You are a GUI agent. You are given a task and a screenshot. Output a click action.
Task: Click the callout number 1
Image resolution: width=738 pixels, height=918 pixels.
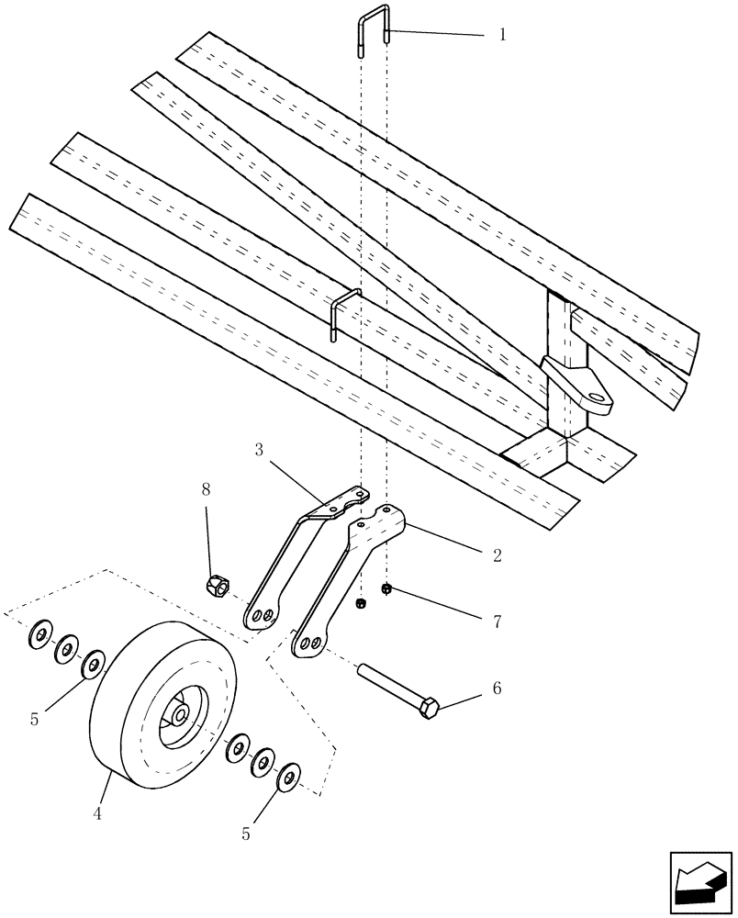[x=502, y=35]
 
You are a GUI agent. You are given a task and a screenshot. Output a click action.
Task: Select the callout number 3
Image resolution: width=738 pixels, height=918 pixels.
[x=259, y=450]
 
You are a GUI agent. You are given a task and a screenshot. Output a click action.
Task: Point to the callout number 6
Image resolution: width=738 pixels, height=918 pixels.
[x=497, y=687]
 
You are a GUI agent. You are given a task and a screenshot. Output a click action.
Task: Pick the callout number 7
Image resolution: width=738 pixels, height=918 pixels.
[x=497, y=621]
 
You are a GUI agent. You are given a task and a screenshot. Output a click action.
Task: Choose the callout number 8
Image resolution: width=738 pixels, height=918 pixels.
[x=206, y=488]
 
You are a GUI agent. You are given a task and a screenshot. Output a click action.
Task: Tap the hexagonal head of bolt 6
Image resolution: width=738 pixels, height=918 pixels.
[x=429, y=708]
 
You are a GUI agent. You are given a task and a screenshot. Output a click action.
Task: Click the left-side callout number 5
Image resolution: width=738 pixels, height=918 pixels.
[x=34, y=720]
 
